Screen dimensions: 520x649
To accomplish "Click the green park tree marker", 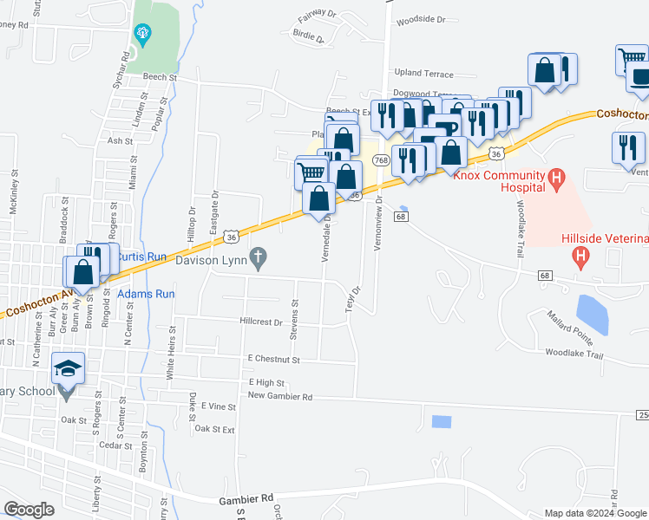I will (x=143, y=36).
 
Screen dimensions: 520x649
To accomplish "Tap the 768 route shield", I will (x=381, y=160).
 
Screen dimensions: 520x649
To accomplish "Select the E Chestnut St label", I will (x=272, y=359).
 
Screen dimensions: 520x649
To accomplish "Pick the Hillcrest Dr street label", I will (x=261, y=322).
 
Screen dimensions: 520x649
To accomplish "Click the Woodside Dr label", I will (x=420, y=19).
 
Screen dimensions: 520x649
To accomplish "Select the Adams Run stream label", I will (x=147, y=295).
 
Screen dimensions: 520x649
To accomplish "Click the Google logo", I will (x=29, y=510).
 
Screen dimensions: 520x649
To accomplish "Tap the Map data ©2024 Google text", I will (x=595, y=513).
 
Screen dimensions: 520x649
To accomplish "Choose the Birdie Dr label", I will (x=307, y=37).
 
